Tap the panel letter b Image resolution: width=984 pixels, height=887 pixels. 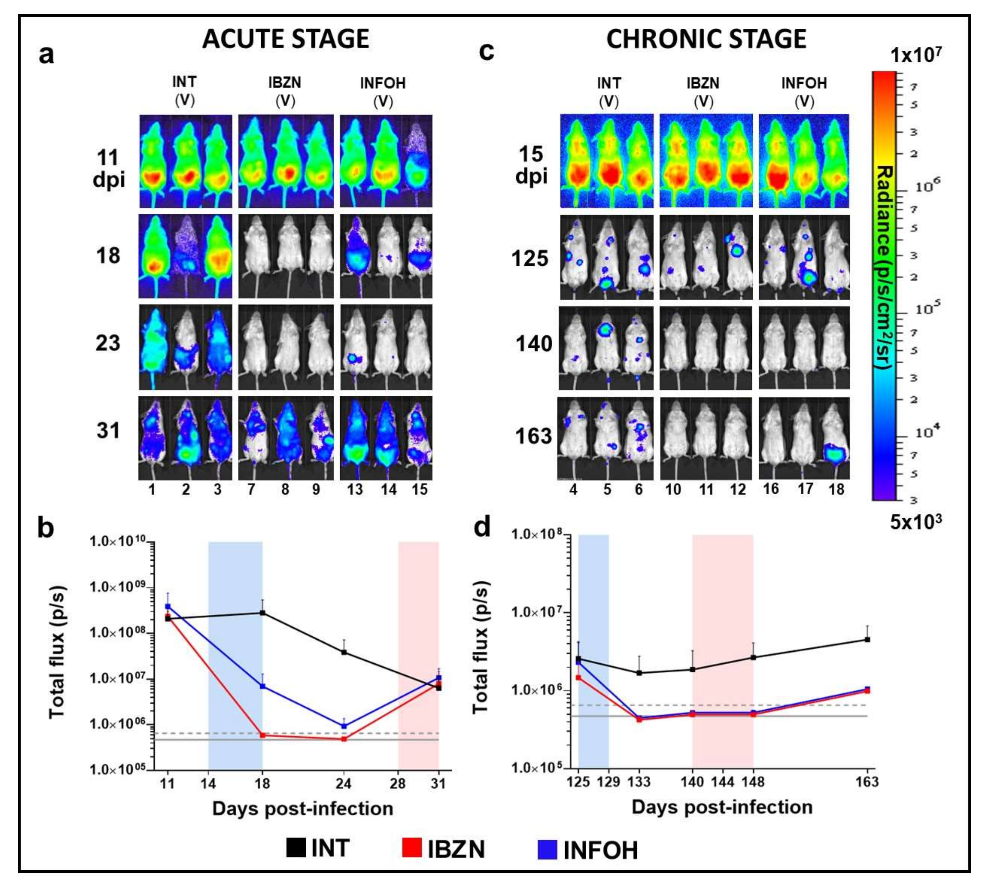[46, 528]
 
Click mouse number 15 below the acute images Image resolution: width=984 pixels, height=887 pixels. [419, 489]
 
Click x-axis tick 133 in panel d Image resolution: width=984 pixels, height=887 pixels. [639, 782]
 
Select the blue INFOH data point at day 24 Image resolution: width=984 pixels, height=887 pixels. [344, 726]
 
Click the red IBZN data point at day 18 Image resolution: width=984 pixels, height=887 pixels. [263, 735]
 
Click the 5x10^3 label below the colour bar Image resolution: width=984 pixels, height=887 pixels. [916, 521]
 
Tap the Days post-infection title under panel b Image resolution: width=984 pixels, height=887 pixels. [302, 809]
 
